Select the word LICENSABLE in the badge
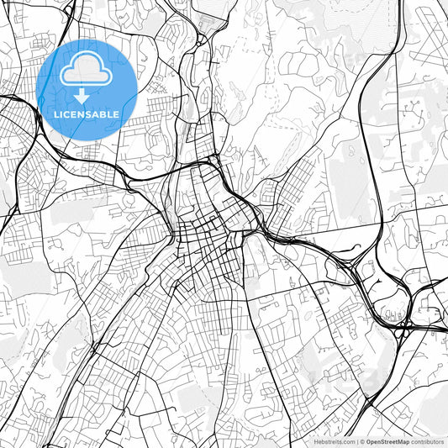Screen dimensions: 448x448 (87, 113)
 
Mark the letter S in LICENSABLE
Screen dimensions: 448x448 (92, 113)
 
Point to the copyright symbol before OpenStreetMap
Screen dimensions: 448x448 (363, 441)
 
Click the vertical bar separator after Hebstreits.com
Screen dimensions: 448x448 (358, 441)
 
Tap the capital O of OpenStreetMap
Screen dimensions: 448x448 (368, 441)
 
